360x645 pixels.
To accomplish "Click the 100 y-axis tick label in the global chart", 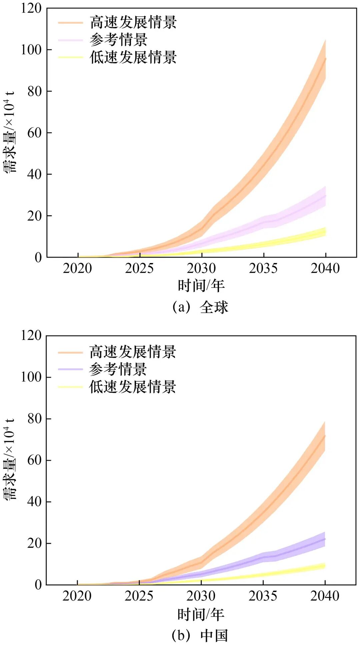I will pos(31,50).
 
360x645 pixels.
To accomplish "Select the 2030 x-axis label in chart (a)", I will pos(201,268).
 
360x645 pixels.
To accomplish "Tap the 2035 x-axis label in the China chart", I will pos(263,596).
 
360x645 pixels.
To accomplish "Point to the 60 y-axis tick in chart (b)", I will pos(35,460).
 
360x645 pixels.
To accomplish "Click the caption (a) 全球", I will pos(200,307).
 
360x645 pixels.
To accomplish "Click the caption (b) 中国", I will pos(200,635).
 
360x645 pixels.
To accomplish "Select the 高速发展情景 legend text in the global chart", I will pos(133,22).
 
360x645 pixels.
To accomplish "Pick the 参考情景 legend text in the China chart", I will pos(118,369).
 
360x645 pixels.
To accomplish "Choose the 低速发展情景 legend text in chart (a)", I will pos(133,57).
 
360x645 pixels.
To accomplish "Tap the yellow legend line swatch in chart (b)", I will pos(70,387).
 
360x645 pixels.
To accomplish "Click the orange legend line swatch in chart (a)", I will pos(70,23).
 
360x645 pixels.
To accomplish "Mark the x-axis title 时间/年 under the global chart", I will pos(201,286).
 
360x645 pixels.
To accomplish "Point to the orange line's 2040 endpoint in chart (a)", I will pos(325,59).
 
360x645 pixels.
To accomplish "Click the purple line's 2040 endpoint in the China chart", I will pos(325,539).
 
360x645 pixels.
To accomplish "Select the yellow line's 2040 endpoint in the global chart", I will pos(325,232).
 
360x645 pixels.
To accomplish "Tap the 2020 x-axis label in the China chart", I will pos(77,596).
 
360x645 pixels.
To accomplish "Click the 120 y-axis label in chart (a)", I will pos(31,8).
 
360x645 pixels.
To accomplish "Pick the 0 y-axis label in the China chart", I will pos(38,585).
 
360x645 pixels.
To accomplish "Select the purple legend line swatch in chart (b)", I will pos(70,369).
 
